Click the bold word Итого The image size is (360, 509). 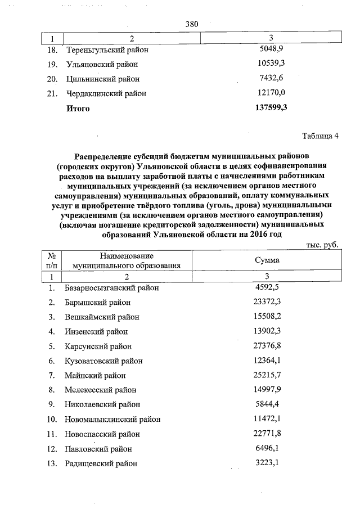pos(78,108)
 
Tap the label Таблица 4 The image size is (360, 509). pos(320,136)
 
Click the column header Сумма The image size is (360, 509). pos(267,260)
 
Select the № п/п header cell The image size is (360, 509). pos(52,260)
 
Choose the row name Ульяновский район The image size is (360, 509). pos(102,64)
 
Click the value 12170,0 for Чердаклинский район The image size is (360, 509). pos(268,93)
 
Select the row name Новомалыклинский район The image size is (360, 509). pos(112,420)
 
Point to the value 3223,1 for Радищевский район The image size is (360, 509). pos(267,463)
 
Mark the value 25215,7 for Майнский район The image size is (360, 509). pos(267,375)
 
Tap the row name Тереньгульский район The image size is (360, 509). pos(107,49)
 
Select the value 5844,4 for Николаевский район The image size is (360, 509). pos(267,404)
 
